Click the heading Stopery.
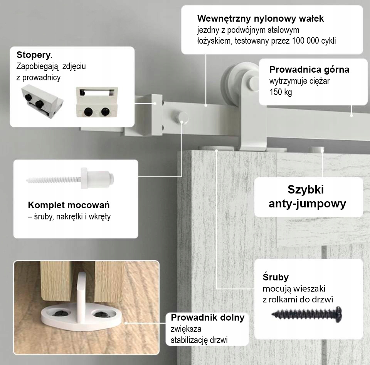pos(34,54)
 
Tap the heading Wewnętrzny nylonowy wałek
pos(260,19)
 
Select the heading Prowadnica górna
pos(309,70)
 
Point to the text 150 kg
pos(281,93)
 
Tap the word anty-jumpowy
pos(307,204)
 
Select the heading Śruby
pos(276,277)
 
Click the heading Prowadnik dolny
pos(207,317)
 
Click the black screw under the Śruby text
pos(308,314)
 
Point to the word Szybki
pos(306,190)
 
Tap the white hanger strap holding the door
pos(250,124)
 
